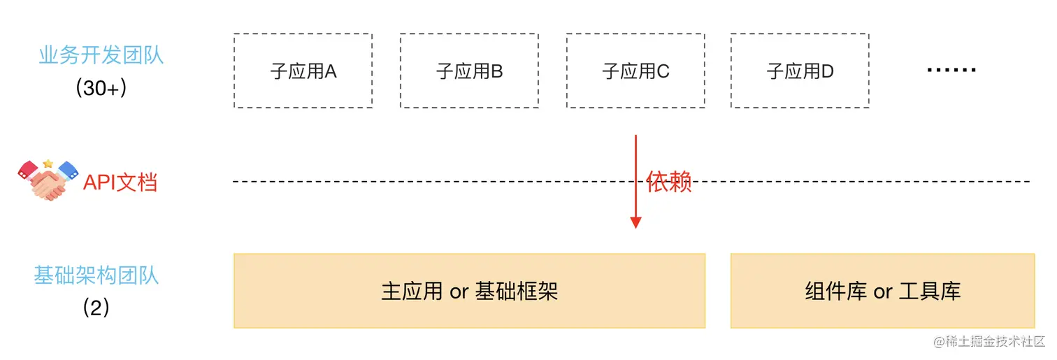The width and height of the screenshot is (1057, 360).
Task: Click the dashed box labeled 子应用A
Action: point(303,71)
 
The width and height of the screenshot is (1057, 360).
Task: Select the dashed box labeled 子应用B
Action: point(469,71)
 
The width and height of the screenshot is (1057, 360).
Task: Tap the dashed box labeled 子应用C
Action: point(635,71)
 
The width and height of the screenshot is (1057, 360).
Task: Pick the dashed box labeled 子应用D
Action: point(800,71)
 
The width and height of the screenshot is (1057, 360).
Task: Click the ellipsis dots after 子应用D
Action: point(951,70)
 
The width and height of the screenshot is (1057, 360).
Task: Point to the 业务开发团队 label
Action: point(101,55)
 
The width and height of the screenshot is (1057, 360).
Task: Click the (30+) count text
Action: point(101,88)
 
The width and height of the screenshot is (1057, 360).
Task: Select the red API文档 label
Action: point(120,182)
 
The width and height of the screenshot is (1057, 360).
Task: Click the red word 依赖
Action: point(669,182)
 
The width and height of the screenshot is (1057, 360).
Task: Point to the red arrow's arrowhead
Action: point(635,223)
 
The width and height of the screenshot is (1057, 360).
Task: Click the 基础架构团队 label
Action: point(96,275)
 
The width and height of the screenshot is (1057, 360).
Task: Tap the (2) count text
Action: point(96,308)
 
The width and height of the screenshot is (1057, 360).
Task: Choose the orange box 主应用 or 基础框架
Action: point(469,291)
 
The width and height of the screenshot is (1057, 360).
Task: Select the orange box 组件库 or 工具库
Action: point(882,291)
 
